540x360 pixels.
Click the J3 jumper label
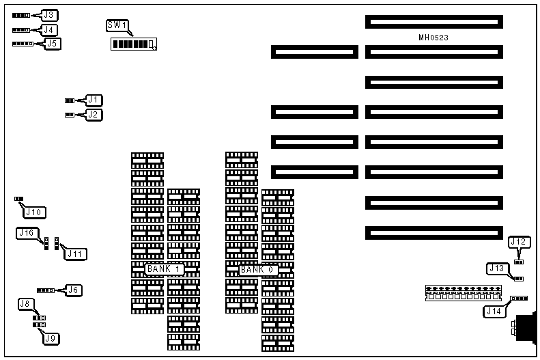tap(50, 14)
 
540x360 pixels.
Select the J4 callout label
tap(49, 29)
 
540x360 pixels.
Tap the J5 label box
tap(52, 44)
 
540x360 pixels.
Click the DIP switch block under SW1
tap(134, 44)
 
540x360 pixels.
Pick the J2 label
tap(94, 115)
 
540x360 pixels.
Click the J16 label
tap(26, 233)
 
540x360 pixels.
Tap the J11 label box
tap(74, 253)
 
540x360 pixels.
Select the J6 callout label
tap(74, 290)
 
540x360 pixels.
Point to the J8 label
tap(26, 303)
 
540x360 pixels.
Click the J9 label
tap(49, 337)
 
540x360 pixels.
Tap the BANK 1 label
tap(163, 269)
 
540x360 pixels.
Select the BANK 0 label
tap(258, 269)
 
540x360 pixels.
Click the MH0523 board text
tap(434, 37)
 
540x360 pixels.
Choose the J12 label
tap(518, 242)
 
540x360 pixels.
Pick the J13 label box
tap(496, 268)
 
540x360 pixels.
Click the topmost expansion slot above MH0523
tap(434, 22)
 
